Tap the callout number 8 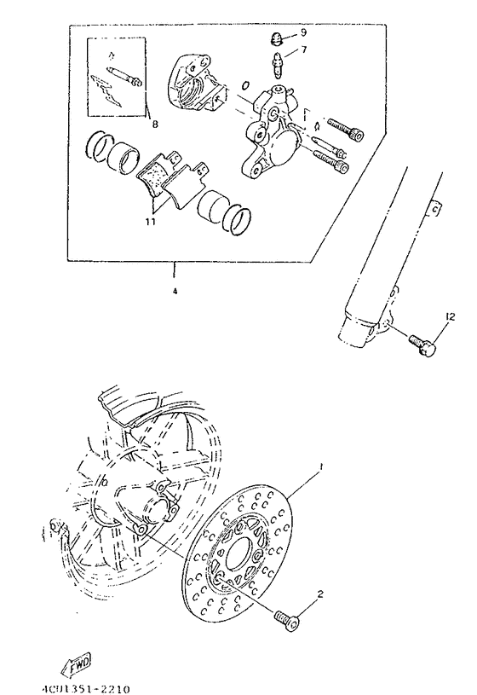(x=154, y=124)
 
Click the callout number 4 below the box (x=175, y=291)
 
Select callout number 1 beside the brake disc (x=322, y=467)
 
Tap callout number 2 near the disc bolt (x=320, y=594)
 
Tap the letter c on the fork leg (x=433, y=205)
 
